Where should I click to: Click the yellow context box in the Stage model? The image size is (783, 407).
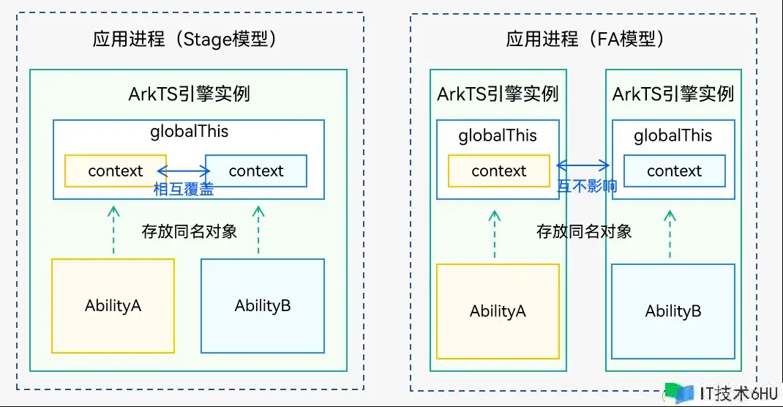116,171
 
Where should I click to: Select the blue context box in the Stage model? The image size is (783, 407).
256,171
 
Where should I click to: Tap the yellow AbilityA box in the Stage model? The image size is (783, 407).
113,305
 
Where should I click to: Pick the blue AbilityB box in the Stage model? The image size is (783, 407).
263,305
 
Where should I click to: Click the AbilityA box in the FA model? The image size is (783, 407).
498,311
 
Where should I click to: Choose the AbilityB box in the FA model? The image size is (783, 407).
673,311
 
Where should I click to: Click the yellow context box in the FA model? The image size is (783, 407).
499,171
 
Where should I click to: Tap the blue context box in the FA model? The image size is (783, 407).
674,171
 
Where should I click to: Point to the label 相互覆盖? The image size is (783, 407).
184,189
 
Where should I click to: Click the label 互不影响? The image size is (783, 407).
587,186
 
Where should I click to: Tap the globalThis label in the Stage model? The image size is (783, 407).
190,132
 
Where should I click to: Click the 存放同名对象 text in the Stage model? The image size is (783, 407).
190,231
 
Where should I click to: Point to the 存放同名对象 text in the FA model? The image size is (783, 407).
584,231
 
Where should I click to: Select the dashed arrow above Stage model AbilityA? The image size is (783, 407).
113,230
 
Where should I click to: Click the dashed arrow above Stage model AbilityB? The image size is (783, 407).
258,230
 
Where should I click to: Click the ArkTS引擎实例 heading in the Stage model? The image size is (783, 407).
190,94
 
